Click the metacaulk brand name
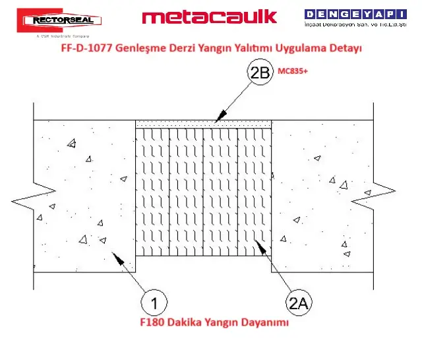(x=209, y=16)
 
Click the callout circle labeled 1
(x=153, y=304)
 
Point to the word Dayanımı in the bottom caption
(x=266, y=324)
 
